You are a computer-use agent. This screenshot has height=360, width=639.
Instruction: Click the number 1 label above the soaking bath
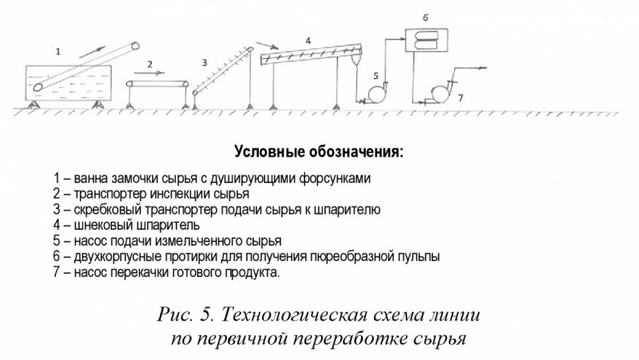tap(58, 52)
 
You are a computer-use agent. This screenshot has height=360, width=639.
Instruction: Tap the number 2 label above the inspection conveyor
tap(150, 64)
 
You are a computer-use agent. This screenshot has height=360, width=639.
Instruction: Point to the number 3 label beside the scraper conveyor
tap(204, 62)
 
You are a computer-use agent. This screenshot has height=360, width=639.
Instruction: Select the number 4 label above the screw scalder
tap(308, 41)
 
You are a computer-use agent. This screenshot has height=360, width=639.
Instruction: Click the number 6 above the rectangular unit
tap(426, 18)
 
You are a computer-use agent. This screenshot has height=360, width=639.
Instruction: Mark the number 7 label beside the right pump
tap(461, 97)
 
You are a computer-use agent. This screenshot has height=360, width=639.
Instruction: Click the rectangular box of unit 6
tap(427, 40)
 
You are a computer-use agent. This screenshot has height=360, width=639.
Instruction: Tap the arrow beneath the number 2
tap(149, 73)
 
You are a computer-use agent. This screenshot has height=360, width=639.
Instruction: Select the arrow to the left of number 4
tap(267, 45)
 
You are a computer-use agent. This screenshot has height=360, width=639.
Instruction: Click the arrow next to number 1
tap(92, 52)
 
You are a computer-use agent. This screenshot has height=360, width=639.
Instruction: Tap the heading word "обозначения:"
tap(355, 152)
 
